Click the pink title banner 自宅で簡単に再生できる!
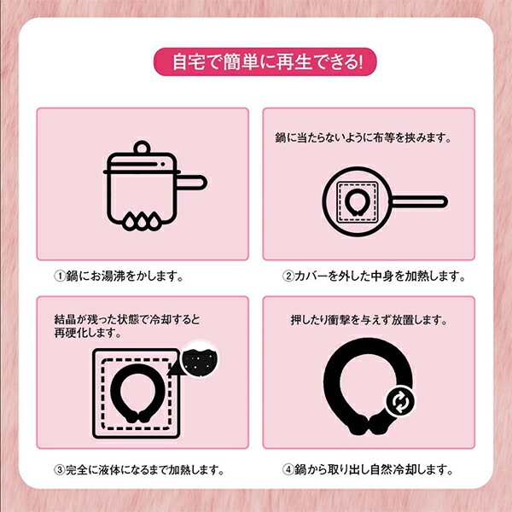click(256, 62)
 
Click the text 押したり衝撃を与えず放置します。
click(369, 322)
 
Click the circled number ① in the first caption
click(61, 276)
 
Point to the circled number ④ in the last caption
click(290, 468)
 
